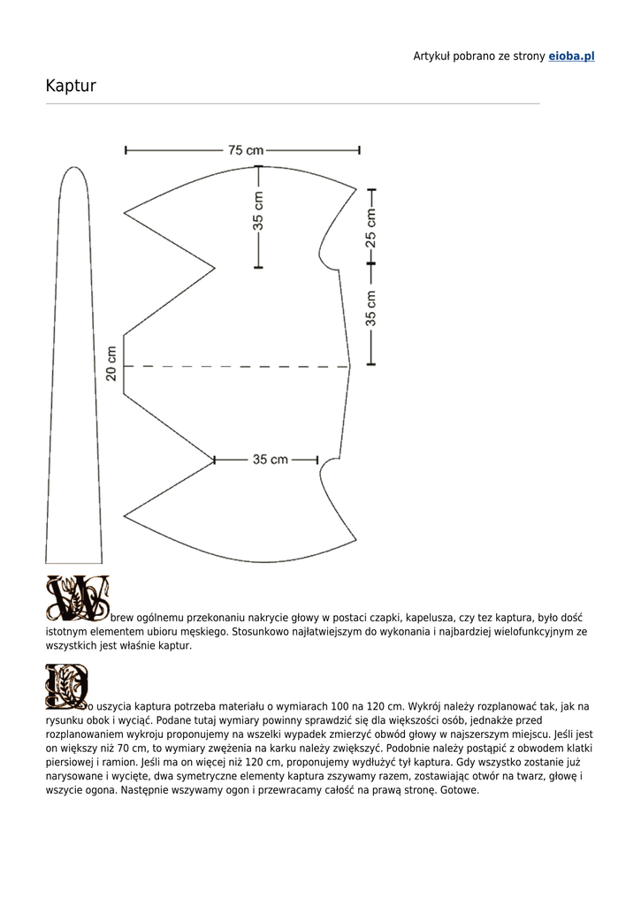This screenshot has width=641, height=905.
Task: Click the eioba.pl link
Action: click(571, 57)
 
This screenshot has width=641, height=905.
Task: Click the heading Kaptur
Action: click(71, 86)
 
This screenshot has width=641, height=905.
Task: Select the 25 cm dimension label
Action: click(371, 226)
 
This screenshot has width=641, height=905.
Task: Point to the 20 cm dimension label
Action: click(111, 363)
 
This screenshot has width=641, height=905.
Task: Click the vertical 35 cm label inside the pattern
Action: click(258, 211)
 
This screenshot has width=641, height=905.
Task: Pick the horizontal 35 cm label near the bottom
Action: click(271, 460)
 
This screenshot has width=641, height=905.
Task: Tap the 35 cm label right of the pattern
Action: click(371, 308)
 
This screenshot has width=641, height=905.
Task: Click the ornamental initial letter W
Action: click(78, 598)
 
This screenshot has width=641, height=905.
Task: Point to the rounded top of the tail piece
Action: click(73, 173)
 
